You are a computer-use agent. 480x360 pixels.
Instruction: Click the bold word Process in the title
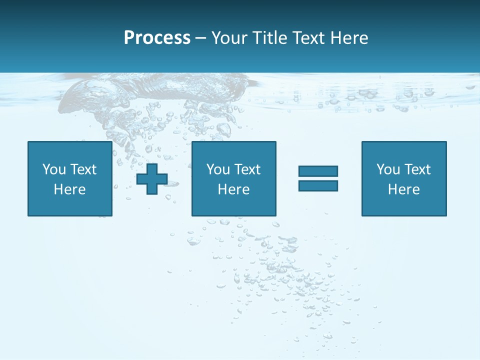(x=157, y=38)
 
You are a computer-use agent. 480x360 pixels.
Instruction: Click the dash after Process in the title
(x=201, y=38)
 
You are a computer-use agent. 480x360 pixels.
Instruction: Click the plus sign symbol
(x=152, y=179)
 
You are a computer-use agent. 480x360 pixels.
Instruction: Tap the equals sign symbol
(x=318, y=178)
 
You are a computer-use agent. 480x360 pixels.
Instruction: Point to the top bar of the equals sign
(x=318, y=171)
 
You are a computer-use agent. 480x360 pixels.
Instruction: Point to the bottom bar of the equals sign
(x=318, y=185)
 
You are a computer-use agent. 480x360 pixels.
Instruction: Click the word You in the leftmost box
(x=54, y=169)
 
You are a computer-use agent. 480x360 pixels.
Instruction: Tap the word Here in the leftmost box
(x=69, y=189)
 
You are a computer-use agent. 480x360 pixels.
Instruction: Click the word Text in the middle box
(x=247, y=169)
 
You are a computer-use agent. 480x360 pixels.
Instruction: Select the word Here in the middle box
(x=233, y=189)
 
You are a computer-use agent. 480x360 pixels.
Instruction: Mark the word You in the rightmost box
(x=388, y=169)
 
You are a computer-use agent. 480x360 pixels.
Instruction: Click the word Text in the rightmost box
(x=417, y=169)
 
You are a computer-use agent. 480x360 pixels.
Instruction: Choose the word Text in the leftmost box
(x=83, y=169)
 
